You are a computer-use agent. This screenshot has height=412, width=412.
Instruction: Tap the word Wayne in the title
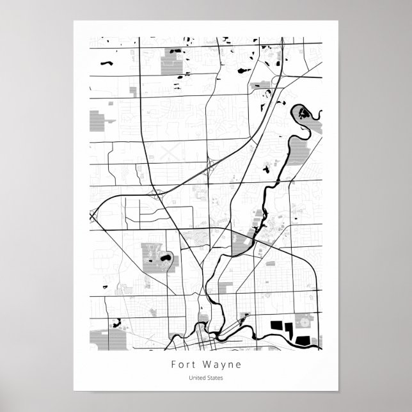(x=218, y=365)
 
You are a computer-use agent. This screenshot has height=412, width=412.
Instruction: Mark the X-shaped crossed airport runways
(x=170, y=153)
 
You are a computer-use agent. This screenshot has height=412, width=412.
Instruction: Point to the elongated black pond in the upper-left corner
(x=105, y=64)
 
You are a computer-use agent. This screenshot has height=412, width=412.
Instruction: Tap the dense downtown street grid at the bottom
(x=201, y=342)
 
